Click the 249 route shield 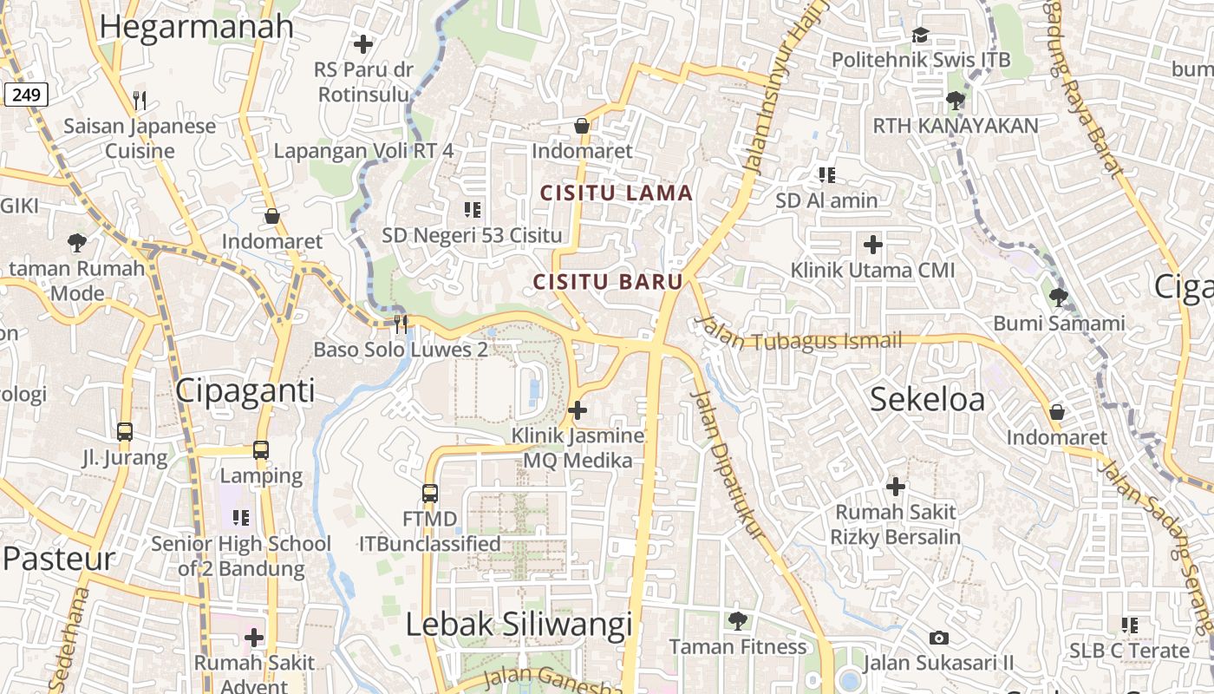[26, 95]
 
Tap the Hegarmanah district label [197, 27]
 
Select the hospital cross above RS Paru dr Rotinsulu [363, 43]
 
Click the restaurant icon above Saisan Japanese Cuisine [140, 101]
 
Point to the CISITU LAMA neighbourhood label [617, 193]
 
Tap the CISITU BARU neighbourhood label [608, 282]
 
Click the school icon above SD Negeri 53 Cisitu [472, 209]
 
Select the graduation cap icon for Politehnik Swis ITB [920, 35]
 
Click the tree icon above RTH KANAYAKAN [955, 101]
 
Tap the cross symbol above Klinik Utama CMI [872, 245]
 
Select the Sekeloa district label [927, 400]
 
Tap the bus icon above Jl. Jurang [125, 431]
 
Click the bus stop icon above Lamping [261, 450]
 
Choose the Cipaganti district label [245, 391]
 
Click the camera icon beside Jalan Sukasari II [938, 638]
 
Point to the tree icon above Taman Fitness [737, 621]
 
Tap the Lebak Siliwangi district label [519, 625]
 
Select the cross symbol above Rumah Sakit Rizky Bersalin [895, 486]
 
